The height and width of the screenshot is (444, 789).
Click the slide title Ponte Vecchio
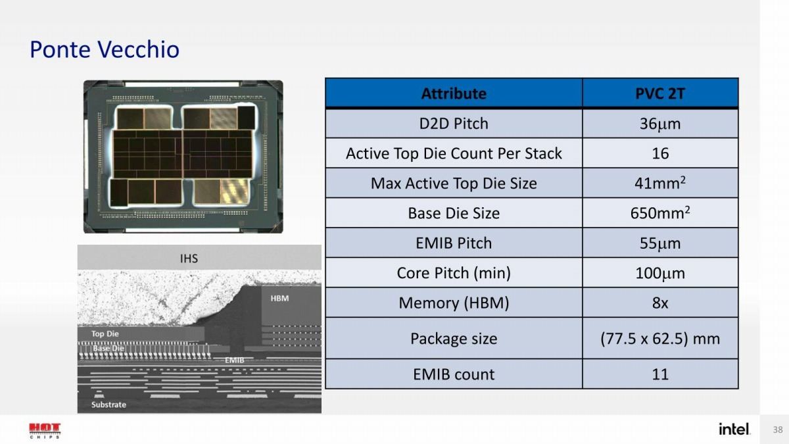[105, 49]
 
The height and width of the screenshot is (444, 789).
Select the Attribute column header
[454, 93]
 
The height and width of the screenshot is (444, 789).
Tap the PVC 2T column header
[660, 93]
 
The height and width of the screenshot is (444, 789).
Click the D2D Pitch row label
[454, 124]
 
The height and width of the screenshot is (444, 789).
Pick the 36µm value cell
[660, 124]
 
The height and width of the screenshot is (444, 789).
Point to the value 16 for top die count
[660, 154]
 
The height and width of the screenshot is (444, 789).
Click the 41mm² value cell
[660, 183]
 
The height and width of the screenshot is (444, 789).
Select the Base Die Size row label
[454, 213]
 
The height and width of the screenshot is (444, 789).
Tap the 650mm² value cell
[660, 213]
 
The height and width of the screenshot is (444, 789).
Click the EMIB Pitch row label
[454, 243]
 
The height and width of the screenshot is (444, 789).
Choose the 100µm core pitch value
[660, 273]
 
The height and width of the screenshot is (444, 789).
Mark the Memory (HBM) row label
[454, 303]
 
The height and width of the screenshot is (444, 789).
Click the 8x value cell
[660, 303]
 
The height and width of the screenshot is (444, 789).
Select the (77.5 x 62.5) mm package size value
[660, 339]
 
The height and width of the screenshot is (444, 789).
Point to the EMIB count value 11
[660, 374]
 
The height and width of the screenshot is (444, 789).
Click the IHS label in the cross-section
[189, 259]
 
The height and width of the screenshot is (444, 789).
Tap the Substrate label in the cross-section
[108, 405]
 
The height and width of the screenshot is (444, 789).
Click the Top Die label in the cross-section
[105, 333]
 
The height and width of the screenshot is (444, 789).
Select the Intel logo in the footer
[734, 429]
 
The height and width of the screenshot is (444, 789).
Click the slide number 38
[778, 430]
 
